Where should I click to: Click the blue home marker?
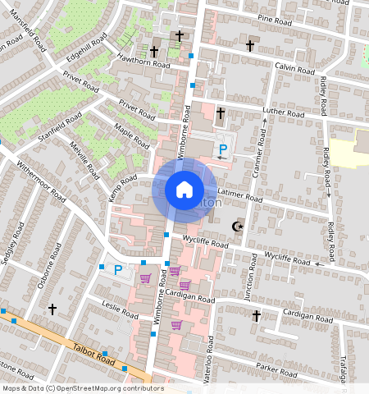point(184,190)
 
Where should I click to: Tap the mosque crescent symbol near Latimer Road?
point(239,226)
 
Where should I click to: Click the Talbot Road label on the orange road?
point(90,350)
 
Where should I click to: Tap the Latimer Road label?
point(240,195)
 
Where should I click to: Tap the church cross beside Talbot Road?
point(52,309)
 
